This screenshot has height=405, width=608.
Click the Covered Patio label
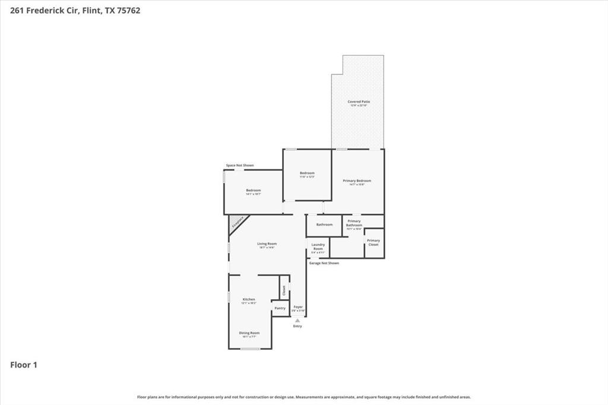tap(357, 102)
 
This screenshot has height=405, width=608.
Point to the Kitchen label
tap(249, 300)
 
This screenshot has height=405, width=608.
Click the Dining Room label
tap(249, 334)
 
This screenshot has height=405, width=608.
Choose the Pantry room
tap(280, 308)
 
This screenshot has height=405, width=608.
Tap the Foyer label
tap(298, 308)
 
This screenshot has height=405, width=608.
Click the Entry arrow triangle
tap(297, 321)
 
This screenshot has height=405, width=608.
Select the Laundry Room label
tap(318, 247)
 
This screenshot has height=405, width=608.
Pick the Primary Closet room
tap(373, 242)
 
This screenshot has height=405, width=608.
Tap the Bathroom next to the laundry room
tap(324, 224)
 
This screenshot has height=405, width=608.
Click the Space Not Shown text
tap(240, 165)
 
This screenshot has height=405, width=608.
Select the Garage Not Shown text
tap(324, 262)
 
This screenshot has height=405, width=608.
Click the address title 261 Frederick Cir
tap(76, 10)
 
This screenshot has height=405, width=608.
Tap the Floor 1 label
tap(24, 365)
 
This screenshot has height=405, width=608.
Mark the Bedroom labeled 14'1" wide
tap(254, 191)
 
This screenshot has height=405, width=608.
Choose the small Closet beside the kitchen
tap(284, 290)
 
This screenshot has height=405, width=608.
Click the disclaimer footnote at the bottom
tap(304, 397)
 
